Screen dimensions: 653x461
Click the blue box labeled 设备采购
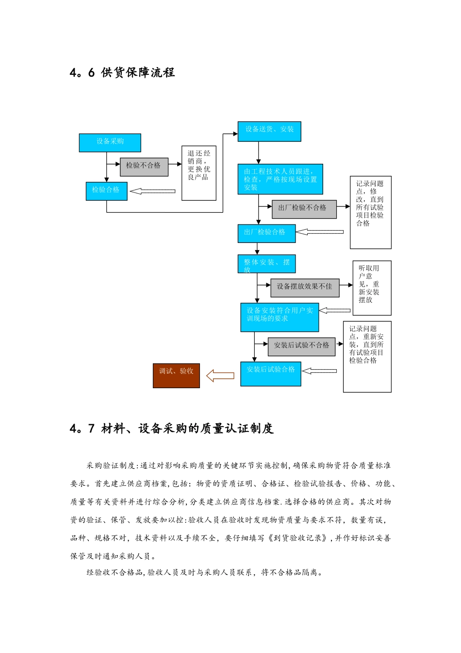click(110, 143)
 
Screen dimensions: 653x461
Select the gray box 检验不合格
click(144, 167)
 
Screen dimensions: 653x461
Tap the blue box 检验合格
click(106, 191)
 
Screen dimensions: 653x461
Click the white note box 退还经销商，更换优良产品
click(199, 173)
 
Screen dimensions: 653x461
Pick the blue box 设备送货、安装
click(269, 132)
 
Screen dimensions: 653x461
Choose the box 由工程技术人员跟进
click(280, 179)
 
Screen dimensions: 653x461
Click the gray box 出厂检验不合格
click(304, 209)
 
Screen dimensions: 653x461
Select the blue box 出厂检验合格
click(266, 233)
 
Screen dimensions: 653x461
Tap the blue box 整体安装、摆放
click(266, 264)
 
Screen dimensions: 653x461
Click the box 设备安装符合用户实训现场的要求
click(280, 317)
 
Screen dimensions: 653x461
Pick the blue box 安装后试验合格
click(271, 374)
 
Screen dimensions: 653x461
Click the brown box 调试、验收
click(176, 376)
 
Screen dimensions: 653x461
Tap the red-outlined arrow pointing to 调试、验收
click(220, 376)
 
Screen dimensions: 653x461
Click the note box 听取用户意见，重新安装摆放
click(372, 288)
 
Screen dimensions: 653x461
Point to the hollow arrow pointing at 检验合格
click(152, 191)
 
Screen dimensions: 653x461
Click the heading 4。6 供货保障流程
click(122, 73)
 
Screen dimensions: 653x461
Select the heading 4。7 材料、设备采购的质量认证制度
click(172, 429)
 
